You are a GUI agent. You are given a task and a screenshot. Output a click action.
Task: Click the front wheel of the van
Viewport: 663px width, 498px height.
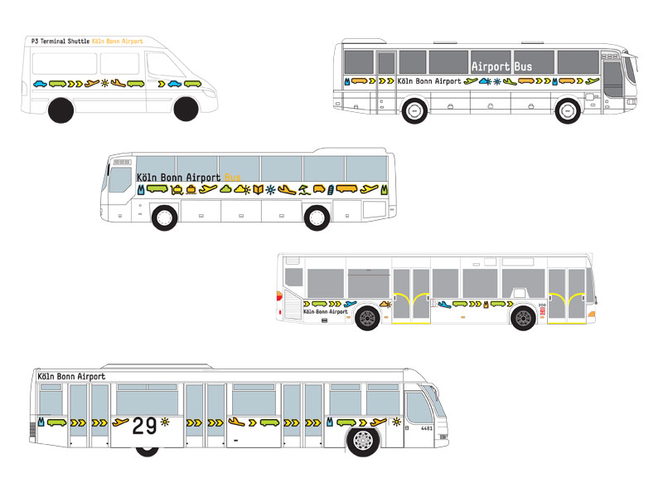tap(186, 110)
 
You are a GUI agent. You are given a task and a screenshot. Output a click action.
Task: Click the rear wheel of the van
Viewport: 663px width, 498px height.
tap(62, 110)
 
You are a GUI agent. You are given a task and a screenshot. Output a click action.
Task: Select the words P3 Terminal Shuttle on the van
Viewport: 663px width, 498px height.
tap(60, 41)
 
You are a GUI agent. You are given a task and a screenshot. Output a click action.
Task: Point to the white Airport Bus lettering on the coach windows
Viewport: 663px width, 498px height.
tap(501, 66)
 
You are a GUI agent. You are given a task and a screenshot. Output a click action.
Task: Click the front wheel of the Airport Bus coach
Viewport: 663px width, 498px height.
tap(568, 111)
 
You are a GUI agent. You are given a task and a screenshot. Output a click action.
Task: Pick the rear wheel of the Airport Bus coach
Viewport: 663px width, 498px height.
tap(415, 111)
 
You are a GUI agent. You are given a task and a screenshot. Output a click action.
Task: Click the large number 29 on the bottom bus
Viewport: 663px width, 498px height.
tap(144, 426)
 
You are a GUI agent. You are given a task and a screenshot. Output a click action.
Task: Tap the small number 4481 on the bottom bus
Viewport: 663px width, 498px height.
tap(427, 428)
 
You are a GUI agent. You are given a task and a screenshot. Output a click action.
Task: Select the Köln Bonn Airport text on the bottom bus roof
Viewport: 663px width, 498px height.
tap(72, 377)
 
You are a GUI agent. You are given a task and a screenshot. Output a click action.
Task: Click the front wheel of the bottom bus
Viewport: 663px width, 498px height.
tap(363, 442)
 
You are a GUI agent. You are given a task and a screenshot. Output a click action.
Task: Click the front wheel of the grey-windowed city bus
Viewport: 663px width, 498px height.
tap(523, 318)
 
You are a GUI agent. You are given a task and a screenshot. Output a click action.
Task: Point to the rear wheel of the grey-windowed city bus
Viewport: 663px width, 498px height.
tap(367, 318)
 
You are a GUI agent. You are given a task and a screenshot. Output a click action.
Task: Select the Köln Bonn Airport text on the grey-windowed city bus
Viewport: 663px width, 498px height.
tap(326, 311)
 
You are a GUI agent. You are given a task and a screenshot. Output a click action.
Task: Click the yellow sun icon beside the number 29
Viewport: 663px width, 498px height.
tap(165, 422)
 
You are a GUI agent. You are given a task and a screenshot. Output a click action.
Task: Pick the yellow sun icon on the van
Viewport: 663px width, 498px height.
tap(104, 84)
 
